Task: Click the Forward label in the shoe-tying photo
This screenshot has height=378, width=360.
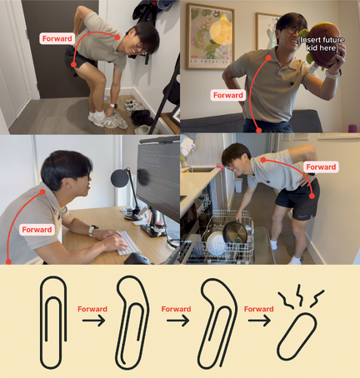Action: [57, 38]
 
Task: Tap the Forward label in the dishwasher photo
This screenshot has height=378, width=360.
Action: [321, 167]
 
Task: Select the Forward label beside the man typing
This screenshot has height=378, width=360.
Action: [37, 230]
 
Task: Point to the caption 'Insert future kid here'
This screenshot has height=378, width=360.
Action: [321, 44]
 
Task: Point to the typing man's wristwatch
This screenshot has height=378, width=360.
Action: [92, 230]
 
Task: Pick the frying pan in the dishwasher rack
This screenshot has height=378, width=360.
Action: [235, 231]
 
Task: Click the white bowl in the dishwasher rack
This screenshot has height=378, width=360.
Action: [216, 244]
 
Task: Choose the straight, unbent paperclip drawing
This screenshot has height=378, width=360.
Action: [53, 322]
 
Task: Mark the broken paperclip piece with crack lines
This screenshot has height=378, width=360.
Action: [297, 336]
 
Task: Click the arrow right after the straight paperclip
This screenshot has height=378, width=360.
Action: [93, 321]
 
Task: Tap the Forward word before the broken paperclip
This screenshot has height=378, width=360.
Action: [258, 309]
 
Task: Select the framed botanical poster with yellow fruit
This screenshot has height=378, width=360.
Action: [210, 37]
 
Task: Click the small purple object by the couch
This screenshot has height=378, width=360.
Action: [352, 128]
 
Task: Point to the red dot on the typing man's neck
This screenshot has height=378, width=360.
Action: [42, 191]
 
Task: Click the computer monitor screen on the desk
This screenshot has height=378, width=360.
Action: [158, 177]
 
